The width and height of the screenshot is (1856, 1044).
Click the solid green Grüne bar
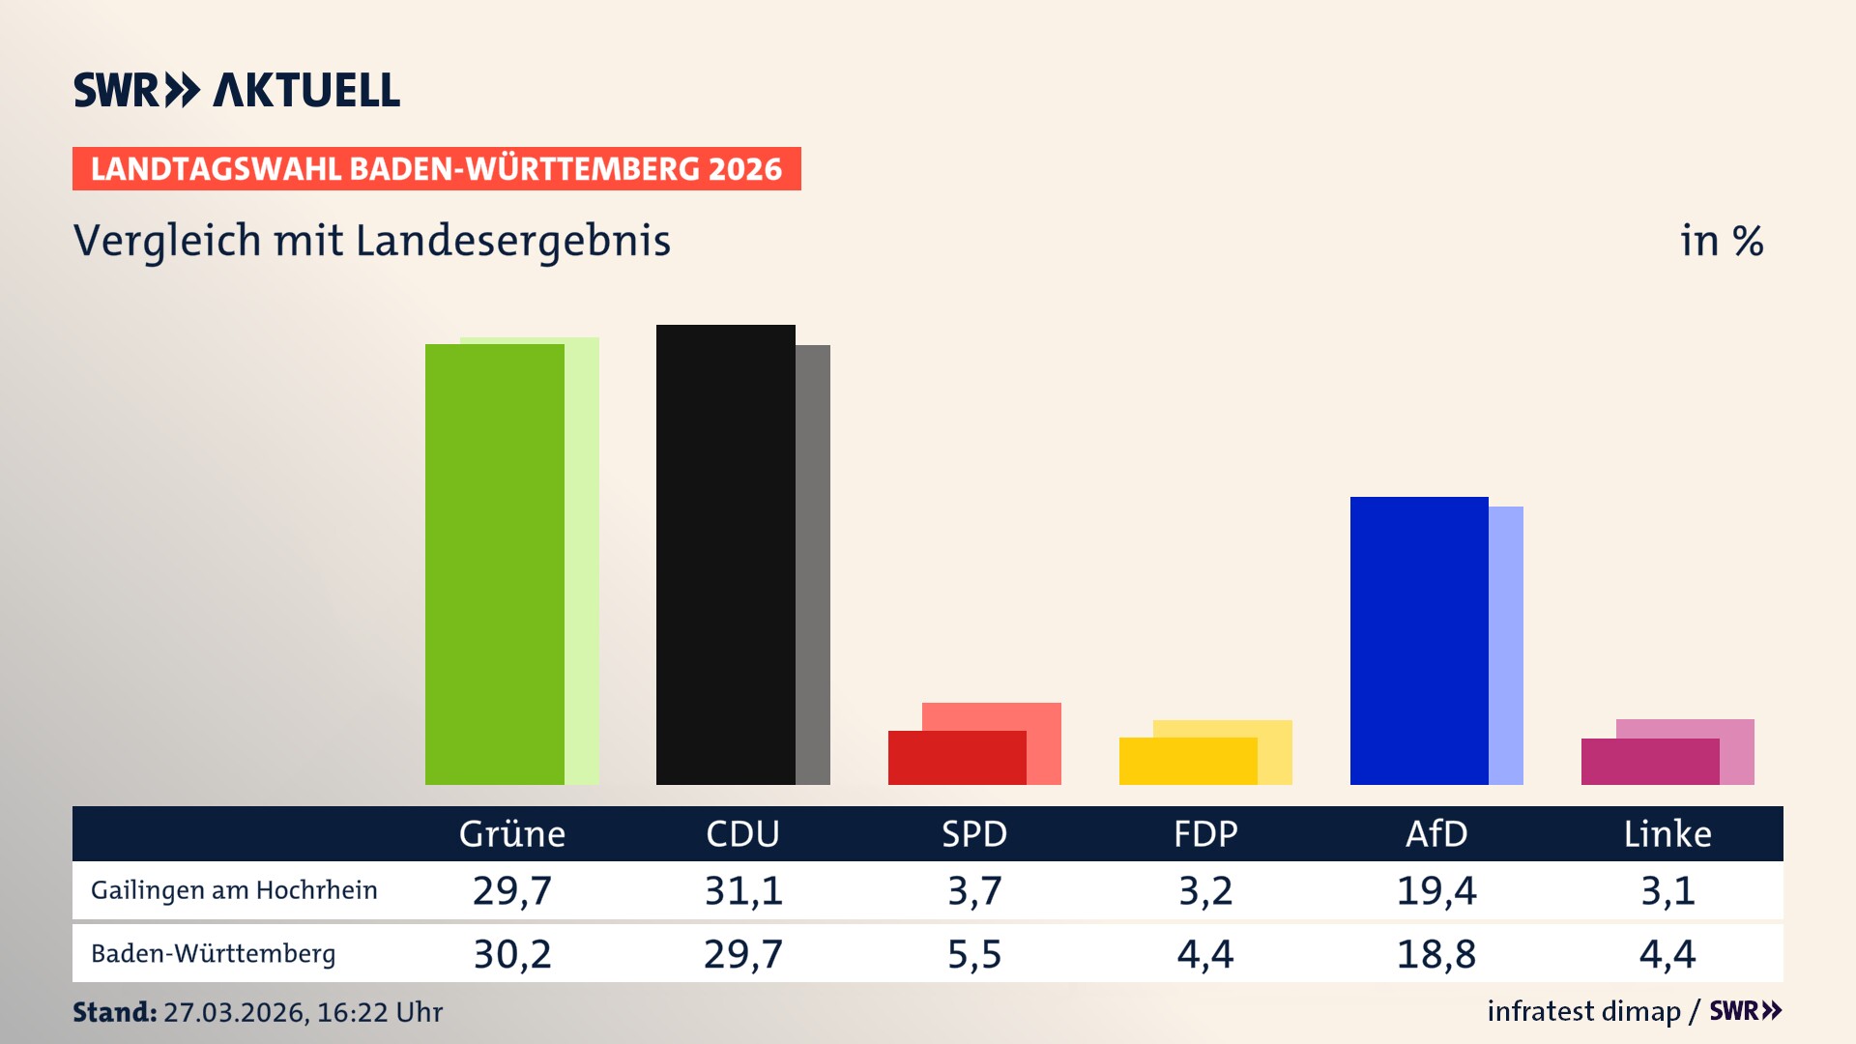click(x=494, y=565)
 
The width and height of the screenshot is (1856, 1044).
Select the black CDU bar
click(x=725, y=555)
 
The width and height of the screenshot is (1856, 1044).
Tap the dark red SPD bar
click(x=957, y=758)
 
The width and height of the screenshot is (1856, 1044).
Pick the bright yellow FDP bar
click(x=1188, y=761)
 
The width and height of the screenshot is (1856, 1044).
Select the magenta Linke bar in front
click(x=1650, y=762)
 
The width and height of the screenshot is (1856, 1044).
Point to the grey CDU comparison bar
click(x=813, y=565)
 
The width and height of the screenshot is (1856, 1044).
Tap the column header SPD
click(x=974, y=833)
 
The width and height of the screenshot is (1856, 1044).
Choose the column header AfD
click(x=1436, y=833)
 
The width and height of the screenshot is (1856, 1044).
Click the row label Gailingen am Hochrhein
click(x=234, y=890)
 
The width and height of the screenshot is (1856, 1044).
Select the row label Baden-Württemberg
click(x=214, y=954)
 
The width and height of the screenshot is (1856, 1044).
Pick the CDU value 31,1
click(x=743, y=890)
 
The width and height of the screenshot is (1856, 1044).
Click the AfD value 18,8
click(x=1436, y=954)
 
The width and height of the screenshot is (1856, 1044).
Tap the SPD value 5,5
click(x=974, y=954)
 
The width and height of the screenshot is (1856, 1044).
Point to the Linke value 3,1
click(x=1667, y=890)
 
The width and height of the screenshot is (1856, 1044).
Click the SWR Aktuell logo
click(x=237, y=90)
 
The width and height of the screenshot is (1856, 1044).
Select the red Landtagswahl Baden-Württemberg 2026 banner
click(x=436, y=168)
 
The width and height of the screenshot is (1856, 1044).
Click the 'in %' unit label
click(x=1722, y=241)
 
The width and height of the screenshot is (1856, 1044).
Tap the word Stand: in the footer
click(x=114, y=1012)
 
